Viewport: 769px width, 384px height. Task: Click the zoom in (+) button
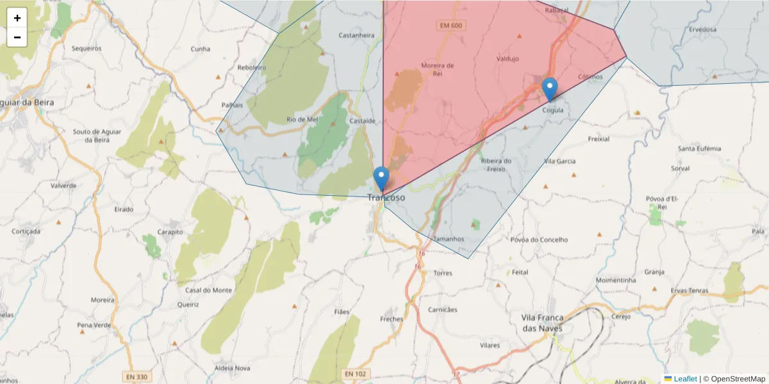[x=17, y=18]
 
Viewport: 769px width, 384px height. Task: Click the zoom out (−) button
[x=17, y=37]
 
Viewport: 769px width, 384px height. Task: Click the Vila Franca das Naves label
[x=542, y=323]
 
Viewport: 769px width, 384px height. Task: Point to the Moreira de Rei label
[x=438, y=69]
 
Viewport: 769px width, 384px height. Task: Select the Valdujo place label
[x=507, y=59]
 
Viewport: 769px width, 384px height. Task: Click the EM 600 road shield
[x=451, y=26]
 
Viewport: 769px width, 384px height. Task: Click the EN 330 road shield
[x=134, y=377]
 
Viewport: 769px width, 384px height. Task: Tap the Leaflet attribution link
[x=685, y=379]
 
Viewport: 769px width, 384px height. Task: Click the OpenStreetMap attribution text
[x=733, y=379]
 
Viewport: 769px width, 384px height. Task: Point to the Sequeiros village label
[x=87, y=48]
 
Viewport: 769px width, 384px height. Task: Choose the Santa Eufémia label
[x=699, y=148]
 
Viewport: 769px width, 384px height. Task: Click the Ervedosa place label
[x=702, y=29]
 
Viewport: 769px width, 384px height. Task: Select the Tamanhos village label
[x=449, y=239]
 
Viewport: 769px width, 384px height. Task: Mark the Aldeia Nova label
[x=233, y=368]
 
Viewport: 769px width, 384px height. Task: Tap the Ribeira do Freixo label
[x=496, y=164]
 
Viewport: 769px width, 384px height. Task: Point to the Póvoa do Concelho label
[x=539, y=239]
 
